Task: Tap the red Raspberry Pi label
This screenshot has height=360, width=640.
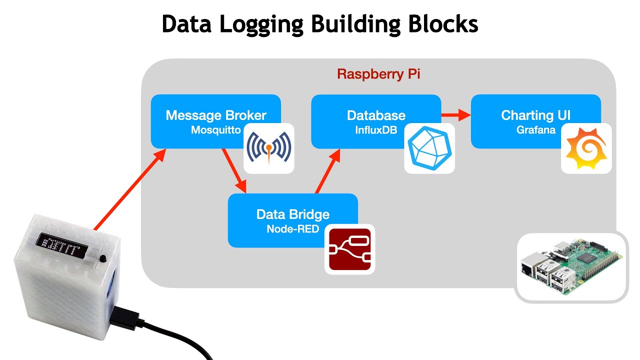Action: click(378, 74)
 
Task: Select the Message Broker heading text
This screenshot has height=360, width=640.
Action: click(216, 115)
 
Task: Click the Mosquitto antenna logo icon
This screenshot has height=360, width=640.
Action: click(269, 148)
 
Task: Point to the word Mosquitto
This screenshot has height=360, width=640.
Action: click(216, 130)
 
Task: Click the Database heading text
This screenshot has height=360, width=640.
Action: click(376, 115)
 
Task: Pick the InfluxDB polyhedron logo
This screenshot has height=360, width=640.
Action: click(429, 148)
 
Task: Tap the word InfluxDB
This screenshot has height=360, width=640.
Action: click(376, 130)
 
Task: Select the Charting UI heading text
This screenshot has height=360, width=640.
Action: click(536, 115)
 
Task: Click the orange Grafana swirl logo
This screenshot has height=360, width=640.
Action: click(586, 148)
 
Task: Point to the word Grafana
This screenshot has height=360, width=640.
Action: click(536, 130)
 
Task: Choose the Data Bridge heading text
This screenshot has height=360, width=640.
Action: click(293, 214)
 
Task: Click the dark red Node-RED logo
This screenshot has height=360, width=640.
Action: click(350, 249)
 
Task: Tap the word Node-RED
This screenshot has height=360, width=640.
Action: click(293, 229)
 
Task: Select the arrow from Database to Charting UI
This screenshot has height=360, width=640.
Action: click(456, 115)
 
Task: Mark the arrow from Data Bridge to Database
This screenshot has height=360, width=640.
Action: click(327, 170)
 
